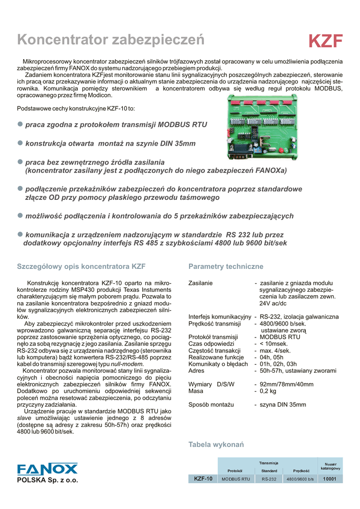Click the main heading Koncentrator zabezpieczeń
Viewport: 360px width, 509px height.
pyautogui.click(x=110, y=39)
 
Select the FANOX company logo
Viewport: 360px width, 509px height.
pyautogui.click(x=47, y=469)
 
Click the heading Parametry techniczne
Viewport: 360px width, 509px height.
pyautogui.click(x=226, y=267)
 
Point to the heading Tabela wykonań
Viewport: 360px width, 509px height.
pyautogui.click(x=216, y=444)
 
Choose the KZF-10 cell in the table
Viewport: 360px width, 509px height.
pyautogui.click(x=203, y=479)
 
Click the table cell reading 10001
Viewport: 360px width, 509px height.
pyautogui.click(x=330, y=479)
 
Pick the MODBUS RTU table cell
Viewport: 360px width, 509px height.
pyautogui.click(x=236, y=479)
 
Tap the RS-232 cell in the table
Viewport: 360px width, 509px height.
pyautogui.click(x=269, y=479)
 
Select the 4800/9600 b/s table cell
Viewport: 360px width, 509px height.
pyautogui.click(x=301, y=479)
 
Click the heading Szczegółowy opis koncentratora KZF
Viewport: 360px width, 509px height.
pyautogui.click(x=82, y=267)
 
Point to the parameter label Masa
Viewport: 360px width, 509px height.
pyautogui.click(x=197, y=391)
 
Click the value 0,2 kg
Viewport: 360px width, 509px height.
pyautogui.click(x=268, y=391)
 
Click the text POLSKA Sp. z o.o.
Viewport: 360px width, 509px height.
pyautogui.click(x=48, y=480)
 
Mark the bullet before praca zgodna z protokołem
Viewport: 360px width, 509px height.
pyautogui.click(x=20, y=124)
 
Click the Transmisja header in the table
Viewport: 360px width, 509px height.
pyautogui.click(x=269, y=463)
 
